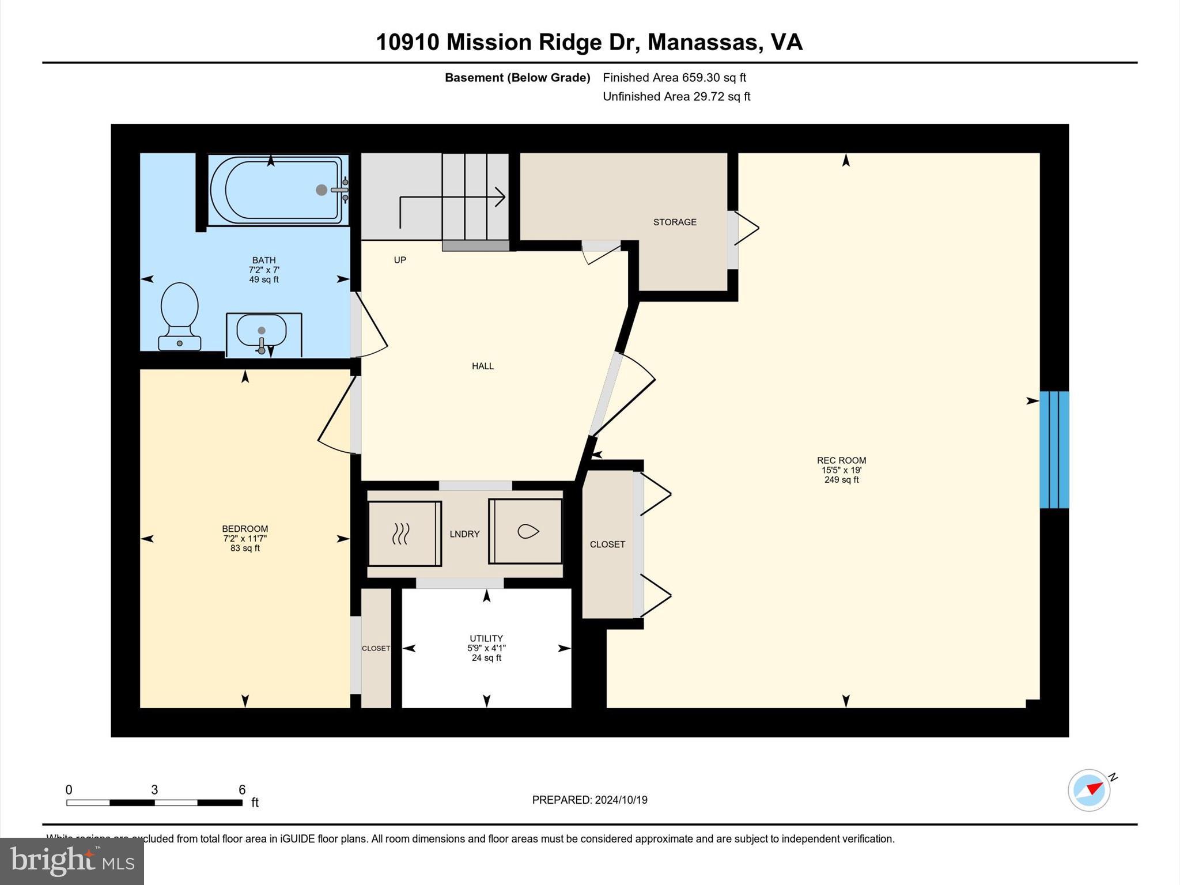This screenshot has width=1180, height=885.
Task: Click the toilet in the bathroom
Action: (179, 314)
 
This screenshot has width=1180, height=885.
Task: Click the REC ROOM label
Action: (841, 460)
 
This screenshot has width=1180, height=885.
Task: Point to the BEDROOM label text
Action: (245, 529)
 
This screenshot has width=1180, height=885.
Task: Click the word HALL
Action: (483, 366)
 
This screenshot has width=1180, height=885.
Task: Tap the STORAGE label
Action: (675, 222)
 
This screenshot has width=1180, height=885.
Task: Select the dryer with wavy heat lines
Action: (404, 534)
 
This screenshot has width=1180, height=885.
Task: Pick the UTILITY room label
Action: (486, 638)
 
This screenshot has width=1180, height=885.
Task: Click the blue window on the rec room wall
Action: (1054, 450)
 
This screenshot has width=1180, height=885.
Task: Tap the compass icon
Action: (1089, 790)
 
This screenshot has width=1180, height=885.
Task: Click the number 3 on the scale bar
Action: (154, 790)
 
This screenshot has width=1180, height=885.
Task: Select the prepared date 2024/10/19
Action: (621, 800)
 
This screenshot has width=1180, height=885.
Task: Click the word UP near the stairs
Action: (400, 260)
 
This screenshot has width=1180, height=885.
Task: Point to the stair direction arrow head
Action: (501, 197)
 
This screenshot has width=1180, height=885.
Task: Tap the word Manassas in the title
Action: (702, 42)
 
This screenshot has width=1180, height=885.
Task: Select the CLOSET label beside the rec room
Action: (607, 544)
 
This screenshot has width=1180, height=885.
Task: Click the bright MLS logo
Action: (72, 861)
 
